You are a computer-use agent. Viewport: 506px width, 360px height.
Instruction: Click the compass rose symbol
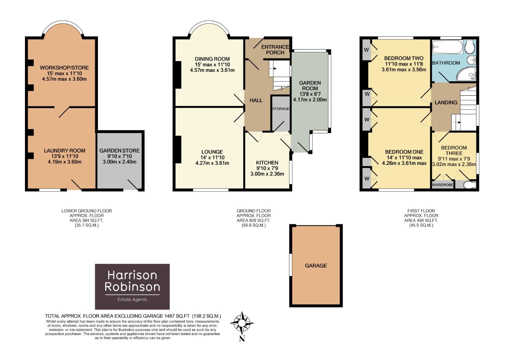tap(242, 323)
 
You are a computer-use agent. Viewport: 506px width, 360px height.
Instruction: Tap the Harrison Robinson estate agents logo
tap(132, 287)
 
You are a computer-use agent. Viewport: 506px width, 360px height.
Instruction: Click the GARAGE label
tap(316, 266)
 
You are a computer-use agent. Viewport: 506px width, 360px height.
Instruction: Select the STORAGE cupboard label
tap(281, 109)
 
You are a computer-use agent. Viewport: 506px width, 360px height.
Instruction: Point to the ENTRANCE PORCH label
tap(275, 50)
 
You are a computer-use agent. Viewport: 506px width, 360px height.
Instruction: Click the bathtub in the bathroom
tap(447, 47)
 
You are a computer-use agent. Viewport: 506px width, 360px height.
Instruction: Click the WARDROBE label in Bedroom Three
tap(443, 185)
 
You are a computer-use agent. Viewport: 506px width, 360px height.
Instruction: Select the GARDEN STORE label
tap(119, 151)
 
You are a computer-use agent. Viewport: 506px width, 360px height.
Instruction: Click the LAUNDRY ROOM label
tap(65, 151)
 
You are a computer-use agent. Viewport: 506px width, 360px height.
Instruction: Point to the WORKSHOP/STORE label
tap(64, 68)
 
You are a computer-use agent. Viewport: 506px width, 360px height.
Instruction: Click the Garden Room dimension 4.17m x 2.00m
tap(310, 99)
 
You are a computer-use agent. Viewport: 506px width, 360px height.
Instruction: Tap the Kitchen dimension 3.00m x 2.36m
tap(267, 174)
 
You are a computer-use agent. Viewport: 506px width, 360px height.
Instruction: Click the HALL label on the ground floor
tap(256, 100)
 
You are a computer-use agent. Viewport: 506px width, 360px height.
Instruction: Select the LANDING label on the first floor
tap(446, 102)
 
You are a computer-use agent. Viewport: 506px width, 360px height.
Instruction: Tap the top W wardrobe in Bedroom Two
tap(366, 50)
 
